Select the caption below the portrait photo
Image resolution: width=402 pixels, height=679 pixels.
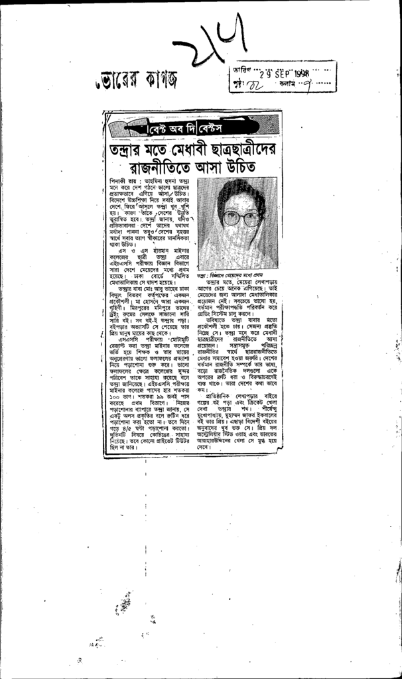[236, 274]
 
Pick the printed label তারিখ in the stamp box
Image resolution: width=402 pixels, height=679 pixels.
[241, 70]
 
